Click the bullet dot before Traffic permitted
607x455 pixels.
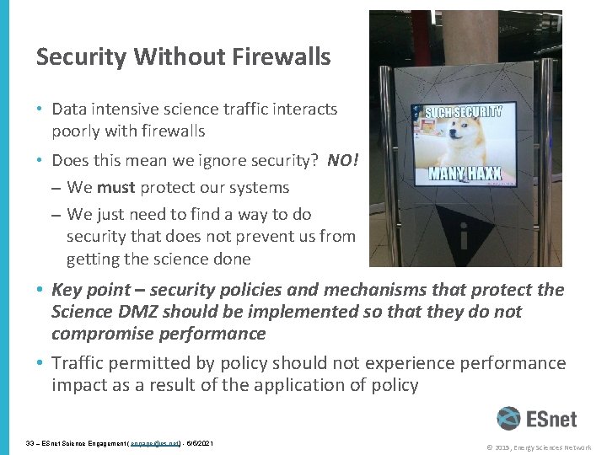(40, 362)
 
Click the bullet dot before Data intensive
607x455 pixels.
(40, 110)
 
